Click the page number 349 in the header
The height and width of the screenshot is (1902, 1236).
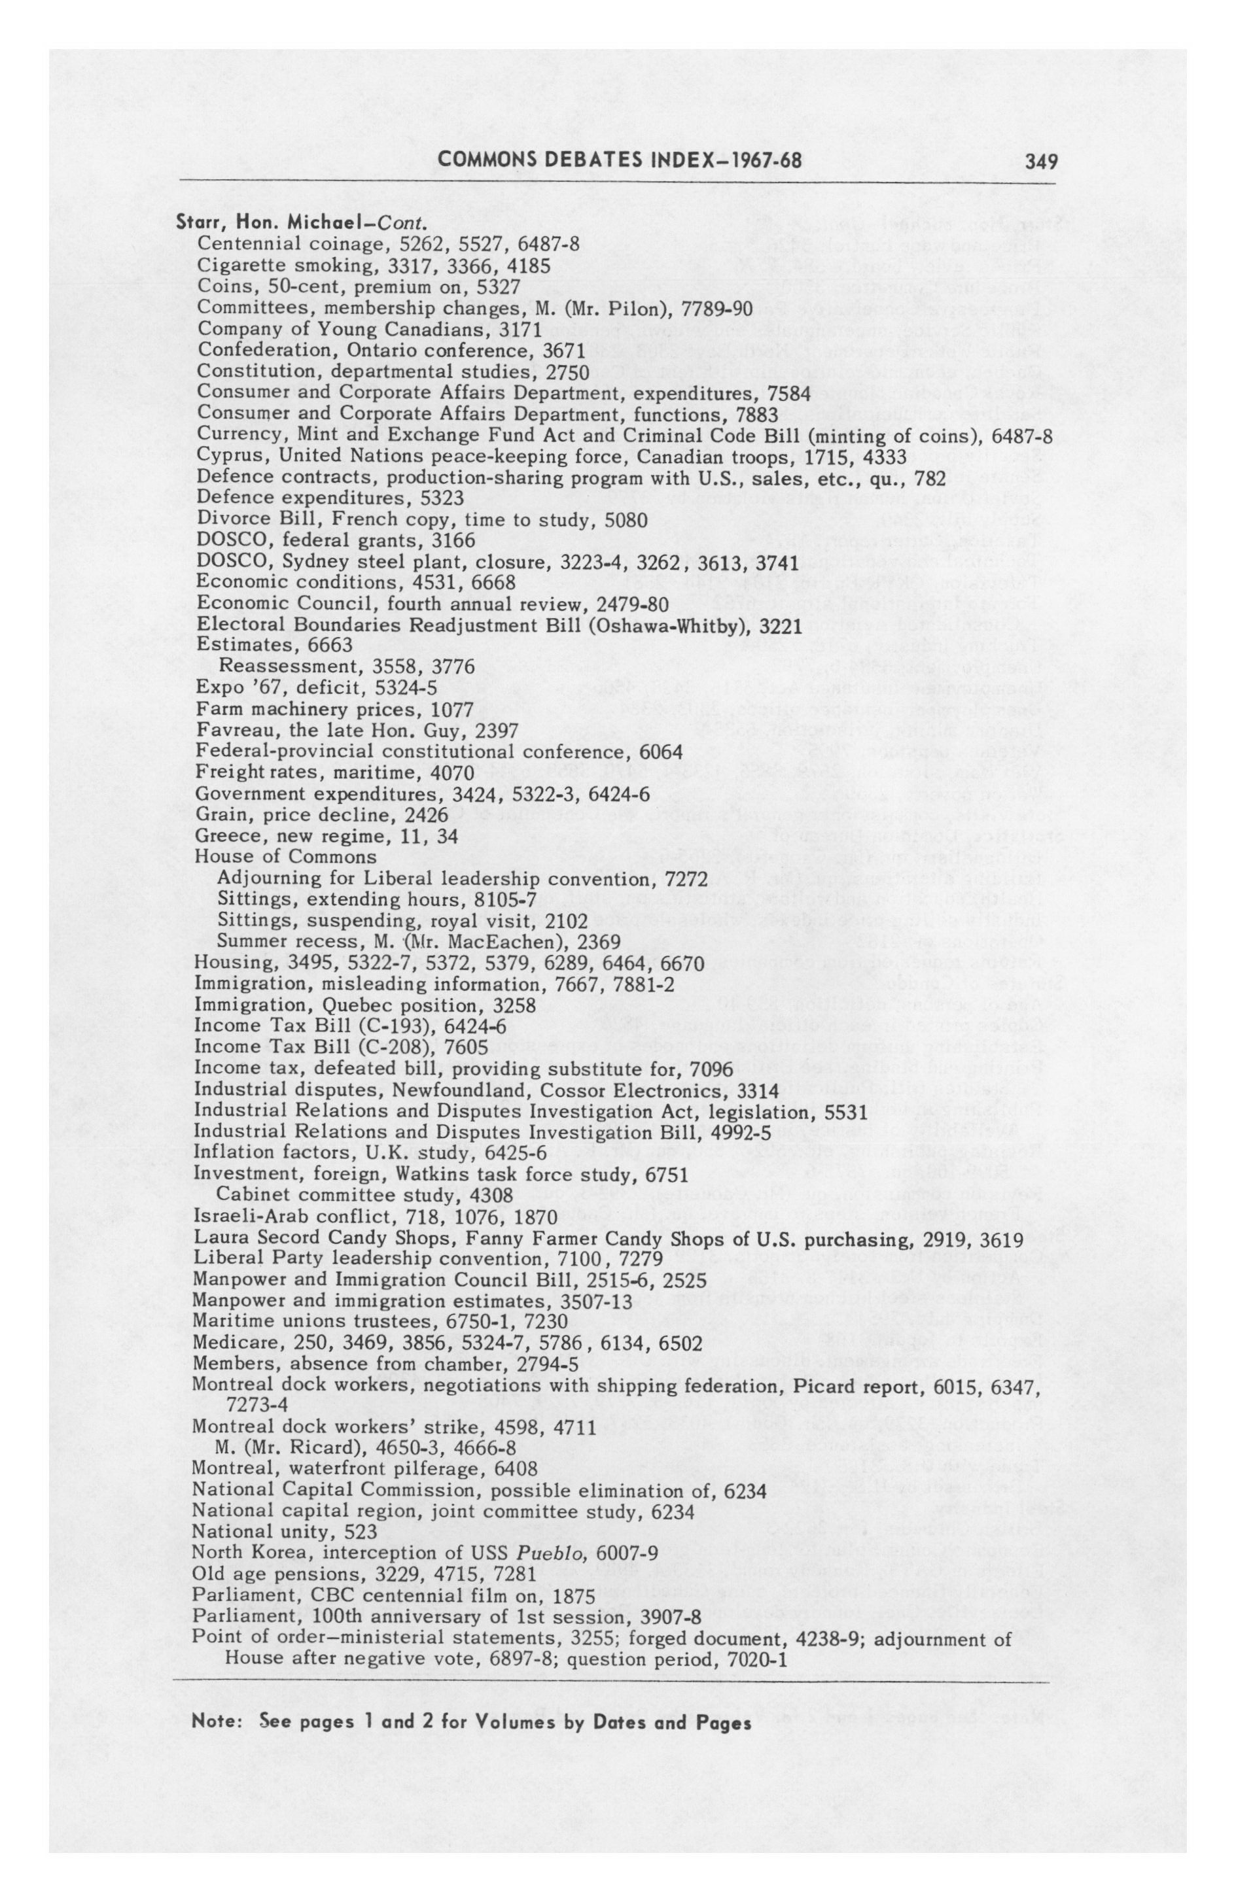tap(1042, 162)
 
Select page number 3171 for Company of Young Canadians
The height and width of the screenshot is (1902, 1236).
tap(519, 328)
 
